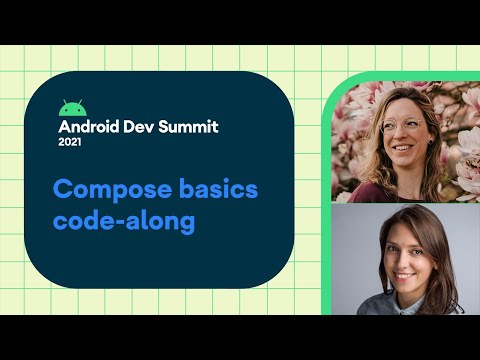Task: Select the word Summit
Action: point(193,127)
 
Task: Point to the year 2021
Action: point(72,143)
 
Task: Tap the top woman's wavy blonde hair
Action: point(365,150)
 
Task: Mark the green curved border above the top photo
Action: point(400,77)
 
